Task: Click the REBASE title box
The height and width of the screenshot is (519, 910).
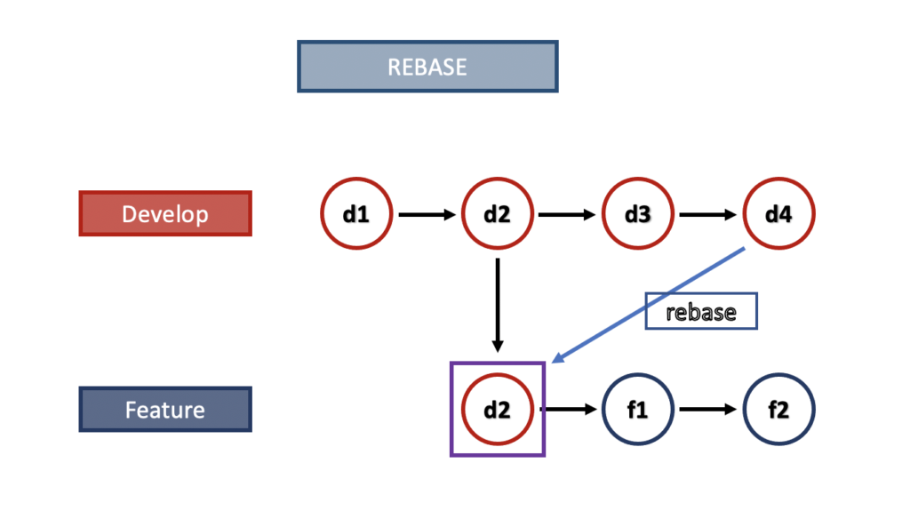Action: point(427,67)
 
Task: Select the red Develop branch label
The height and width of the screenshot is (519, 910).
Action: point(165,214)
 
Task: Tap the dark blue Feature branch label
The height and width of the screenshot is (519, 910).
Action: point(165,410)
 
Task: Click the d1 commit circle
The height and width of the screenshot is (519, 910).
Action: point(356,214)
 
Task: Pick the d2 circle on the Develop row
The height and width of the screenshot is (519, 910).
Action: point(498,214)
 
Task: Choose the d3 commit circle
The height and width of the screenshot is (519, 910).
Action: point(638,214)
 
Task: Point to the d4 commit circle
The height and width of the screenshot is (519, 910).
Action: point(778,214)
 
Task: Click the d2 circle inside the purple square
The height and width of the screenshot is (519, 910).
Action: point(498,410)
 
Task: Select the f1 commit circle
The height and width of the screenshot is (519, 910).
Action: point(638,410)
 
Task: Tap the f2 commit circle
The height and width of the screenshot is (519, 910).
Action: point(778,410)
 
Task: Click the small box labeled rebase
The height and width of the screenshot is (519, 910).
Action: point(701,312)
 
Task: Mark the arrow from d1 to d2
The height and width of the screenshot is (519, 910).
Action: point(427,214)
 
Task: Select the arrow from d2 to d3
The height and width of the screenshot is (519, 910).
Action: point(567,214)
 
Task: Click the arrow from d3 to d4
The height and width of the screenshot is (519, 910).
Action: point(708,214)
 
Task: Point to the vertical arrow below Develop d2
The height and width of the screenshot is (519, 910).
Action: point(498,302)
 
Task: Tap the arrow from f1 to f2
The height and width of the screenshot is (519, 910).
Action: point(708,410)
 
